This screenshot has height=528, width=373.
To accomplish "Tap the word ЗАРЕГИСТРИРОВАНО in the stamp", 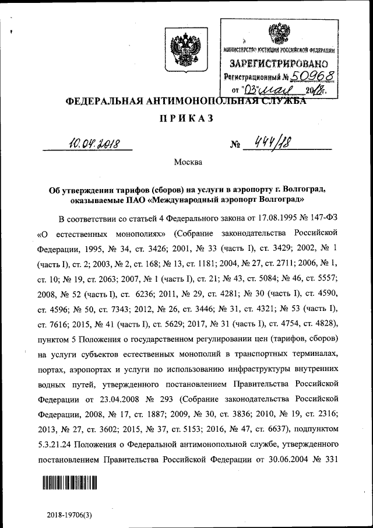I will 279,62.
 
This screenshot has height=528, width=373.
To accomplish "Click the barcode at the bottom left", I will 69,482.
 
